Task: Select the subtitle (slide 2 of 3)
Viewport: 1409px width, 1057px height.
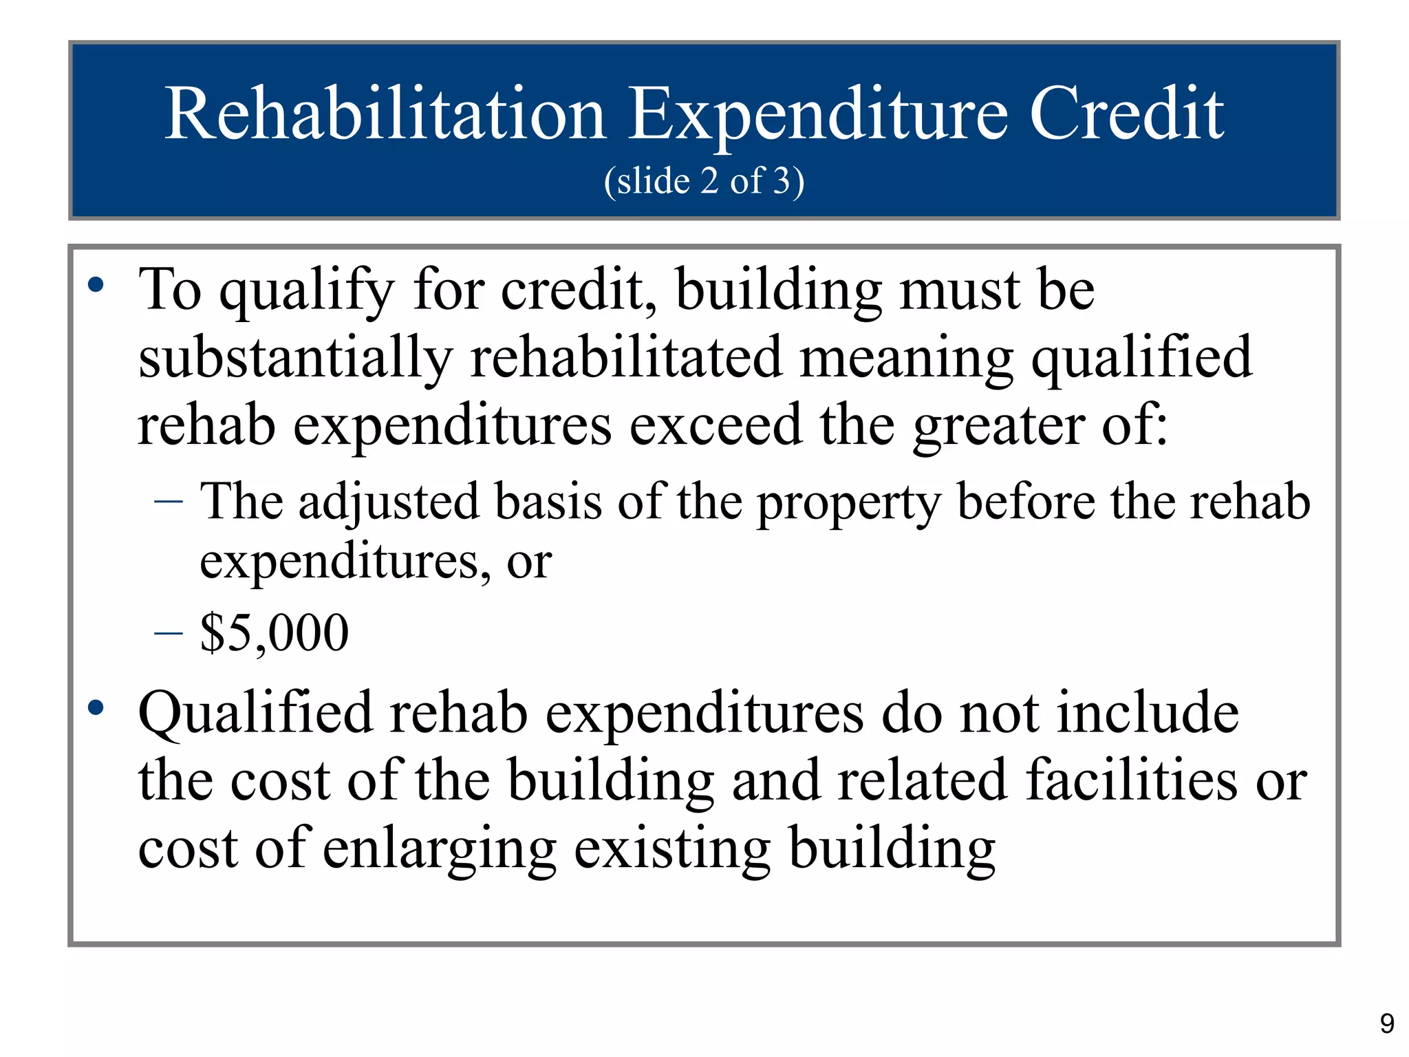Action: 704,181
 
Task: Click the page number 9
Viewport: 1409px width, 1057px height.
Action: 1387,1024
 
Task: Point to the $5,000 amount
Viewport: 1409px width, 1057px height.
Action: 275,632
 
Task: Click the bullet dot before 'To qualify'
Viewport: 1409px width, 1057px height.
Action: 96,284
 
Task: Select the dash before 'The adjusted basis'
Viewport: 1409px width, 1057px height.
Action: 169,502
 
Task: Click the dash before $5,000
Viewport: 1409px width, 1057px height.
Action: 169,632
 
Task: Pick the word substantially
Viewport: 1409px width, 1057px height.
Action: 295,358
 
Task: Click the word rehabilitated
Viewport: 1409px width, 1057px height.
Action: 625,358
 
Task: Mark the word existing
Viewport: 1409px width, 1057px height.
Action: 671,849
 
